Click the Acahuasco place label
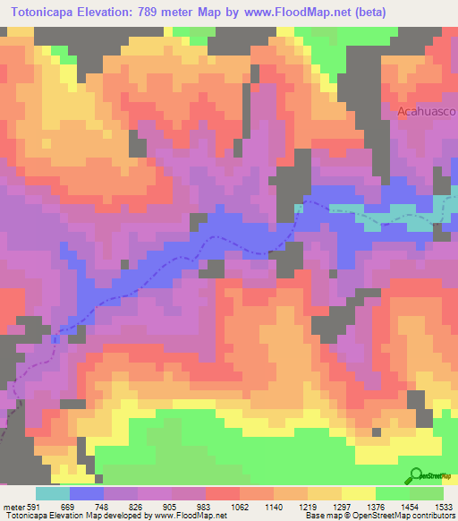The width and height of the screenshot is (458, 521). point(427,112)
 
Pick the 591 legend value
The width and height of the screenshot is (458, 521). point(34,507)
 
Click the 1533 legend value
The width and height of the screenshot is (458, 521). point(444,507)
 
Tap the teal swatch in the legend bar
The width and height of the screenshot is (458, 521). point(52,493)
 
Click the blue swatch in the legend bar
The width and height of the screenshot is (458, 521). point(87,493)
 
